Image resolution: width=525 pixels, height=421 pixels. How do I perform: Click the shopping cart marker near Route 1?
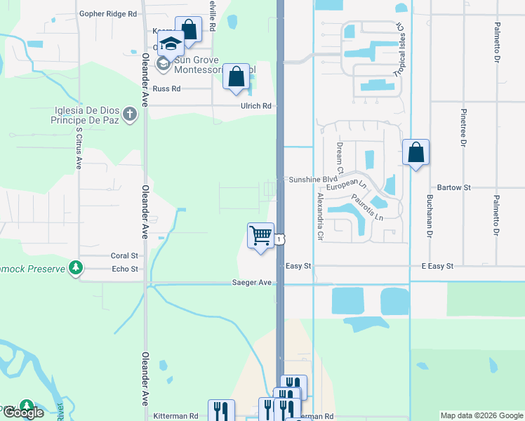[260, 236]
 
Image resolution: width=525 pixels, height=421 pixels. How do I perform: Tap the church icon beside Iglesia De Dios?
[129, 114]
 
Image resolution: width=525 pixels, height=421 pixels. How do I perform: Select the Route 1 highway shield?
[280, 240]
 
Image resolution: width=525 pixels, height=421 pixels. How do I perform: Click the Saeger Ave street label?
[252, 282]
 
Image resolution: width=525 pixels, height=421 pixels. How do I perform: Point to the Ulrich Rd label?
[256, 106]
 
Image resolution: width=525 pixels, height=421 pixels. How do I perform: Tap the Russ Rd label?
[166, 89]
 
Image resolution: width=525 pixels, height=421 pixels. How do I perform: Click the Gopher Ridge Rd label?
[107, 13]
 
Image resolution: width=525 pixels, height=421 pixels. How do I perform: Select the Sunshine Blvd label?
[310, 180]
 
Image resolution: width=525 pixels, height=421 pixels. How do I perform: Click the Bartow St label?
[453, 188]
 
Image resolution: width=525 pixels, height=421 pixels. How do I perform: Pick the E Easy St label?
[438, 267]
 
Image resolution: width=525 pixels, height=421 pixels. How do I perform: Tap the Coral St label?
[125, 256]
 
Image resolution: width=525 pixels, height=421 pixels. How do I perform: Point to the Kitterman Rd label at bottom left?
[175, 416]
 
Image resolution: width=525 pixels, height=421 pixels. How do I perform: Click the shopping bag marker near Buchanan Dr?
[416, 152]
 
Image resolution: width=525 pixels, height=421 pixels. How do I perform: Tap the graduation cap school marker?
[170, 44]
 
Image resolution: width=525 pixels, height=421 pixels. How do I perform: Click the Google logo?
[22, 413]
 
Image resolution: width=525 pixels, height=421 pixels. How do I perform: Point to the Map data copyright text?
[481, 415]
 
